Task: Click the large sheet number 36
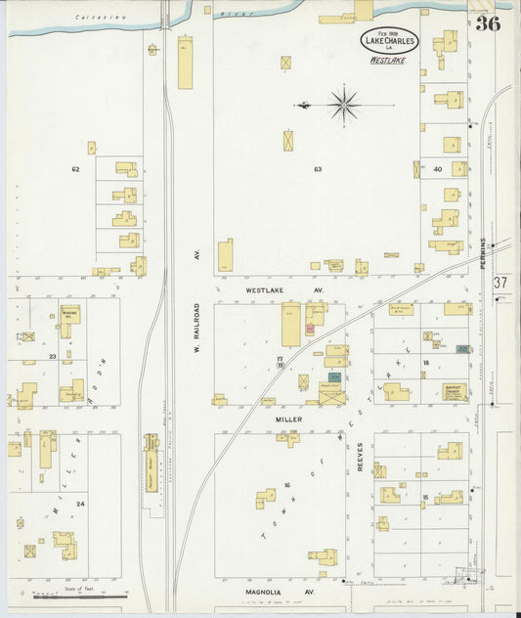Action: tap(488, 23)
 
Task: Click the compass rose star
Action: tap(344, 103)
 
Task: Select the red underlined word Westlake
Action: tap(388, 60)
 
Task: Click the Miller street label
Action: tap(288, 419)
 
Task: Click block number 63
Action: tap(318, 169)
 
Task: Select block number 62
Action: tap(74, 169)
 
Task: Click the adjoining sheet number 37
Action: tap(502, 283)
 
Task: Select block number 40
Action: tap(437, 169)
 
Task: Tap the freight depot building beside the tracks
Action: tap(152, 469)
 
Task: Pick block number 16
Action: tap(287, 484)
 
